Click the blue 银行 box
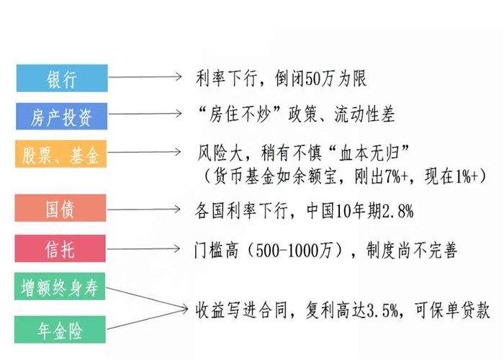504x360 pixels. pyautogui.click(x=62, y=78)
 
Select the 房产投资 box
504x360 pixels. pyautogui.click(x=62, y=117)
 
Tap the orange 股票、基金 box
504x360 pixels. pyautogui.click(x=60, y=154)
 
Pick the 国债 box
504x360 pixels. pyautogui.click(x=60, y=208)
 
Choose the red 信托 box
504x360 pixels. pyautogui.click(x=60, y=248)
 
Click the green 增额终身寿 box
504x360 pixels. pyautogui.click(x=60, y=287)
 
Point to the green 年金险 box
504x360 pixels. pyautogui.click(x=60, y=330)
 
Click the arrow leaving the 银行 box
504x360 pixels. pyautogui.click(x=145, y=77)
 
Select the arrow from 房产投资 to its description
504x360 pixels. pyautogui.click(x=145, y=114)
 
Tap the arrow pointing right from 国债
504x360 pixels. pyautogui.click(x=144, y=210)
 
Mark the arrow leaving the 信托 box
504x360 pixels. pyautogui.click(x=143, y=249)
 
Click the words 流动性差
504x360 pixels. pyautogui.click(x=364, y=114)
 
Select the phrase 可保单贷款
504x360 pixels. pyautogui.click(x=452, y=310)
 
